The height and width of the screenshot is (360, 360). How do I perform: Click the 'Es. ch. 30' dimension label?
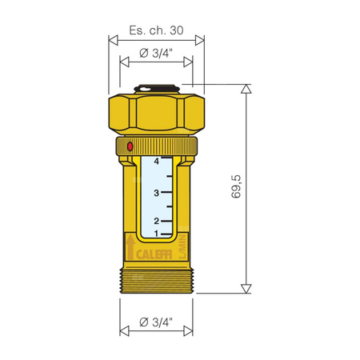pyautogui.click(x=155, y=30)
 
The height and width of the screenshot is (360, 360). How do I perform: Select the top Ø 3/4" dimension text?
pyautogui.click(x=155, y=54)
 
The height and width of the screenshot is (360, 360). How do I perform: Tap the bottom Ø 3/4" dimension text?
pyautogui.click(x=155, y=322)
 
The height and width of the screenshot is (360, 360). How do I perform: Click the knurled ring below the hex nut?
pyautogui.click(x=155, y=146)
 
